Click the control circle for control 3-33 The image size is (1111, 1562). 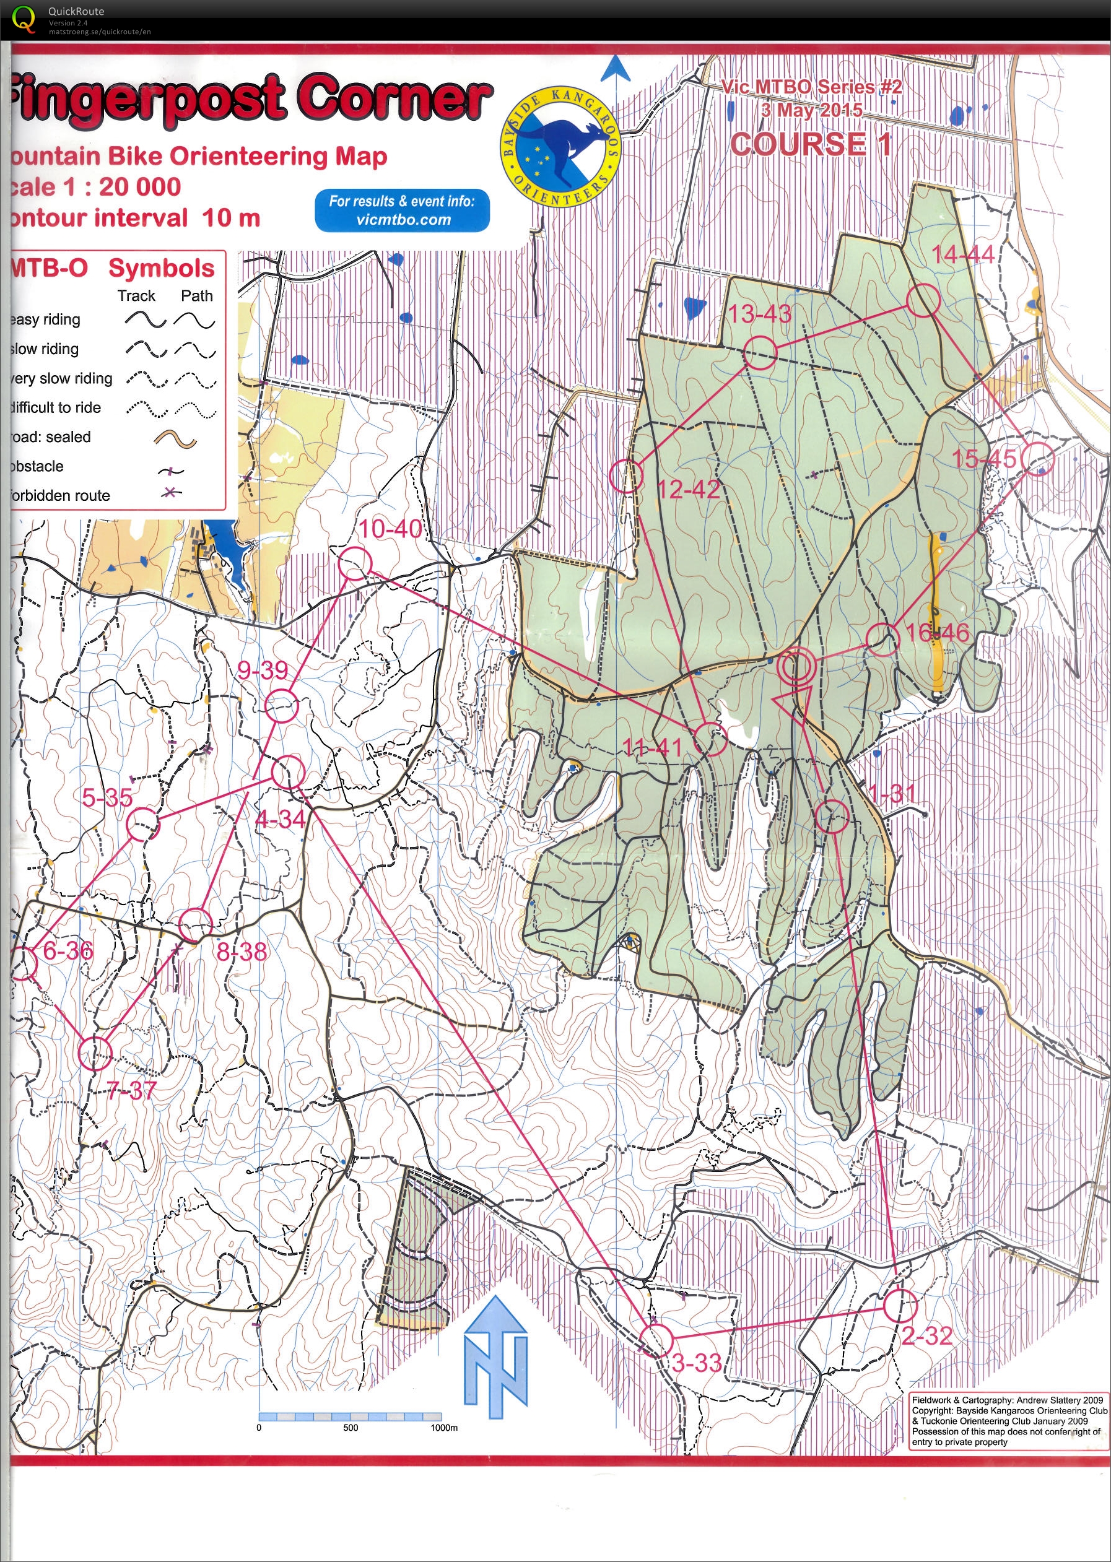point(656,1340)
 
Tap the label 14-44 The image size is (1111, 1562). point(962,255)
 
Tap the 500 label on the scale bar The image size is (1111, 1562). point(351,1428)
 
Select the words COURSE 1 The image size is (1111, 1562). point(811,144)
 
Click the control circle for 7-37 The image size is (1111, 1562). point(94,1052)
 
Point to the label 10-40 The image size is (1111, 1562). point(391,529)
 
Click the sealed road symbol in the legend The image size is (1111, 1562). point(175,439)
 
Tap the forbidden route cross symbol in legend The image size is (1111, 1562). point(172,492)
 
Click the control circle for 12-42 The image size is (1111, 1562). point(626,476)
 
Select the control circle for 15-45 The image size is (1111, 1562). point(1038,459)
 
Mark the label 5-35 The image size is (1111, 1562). point(107,797)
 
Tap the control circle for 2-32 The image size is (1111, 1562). point(900,1305)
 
